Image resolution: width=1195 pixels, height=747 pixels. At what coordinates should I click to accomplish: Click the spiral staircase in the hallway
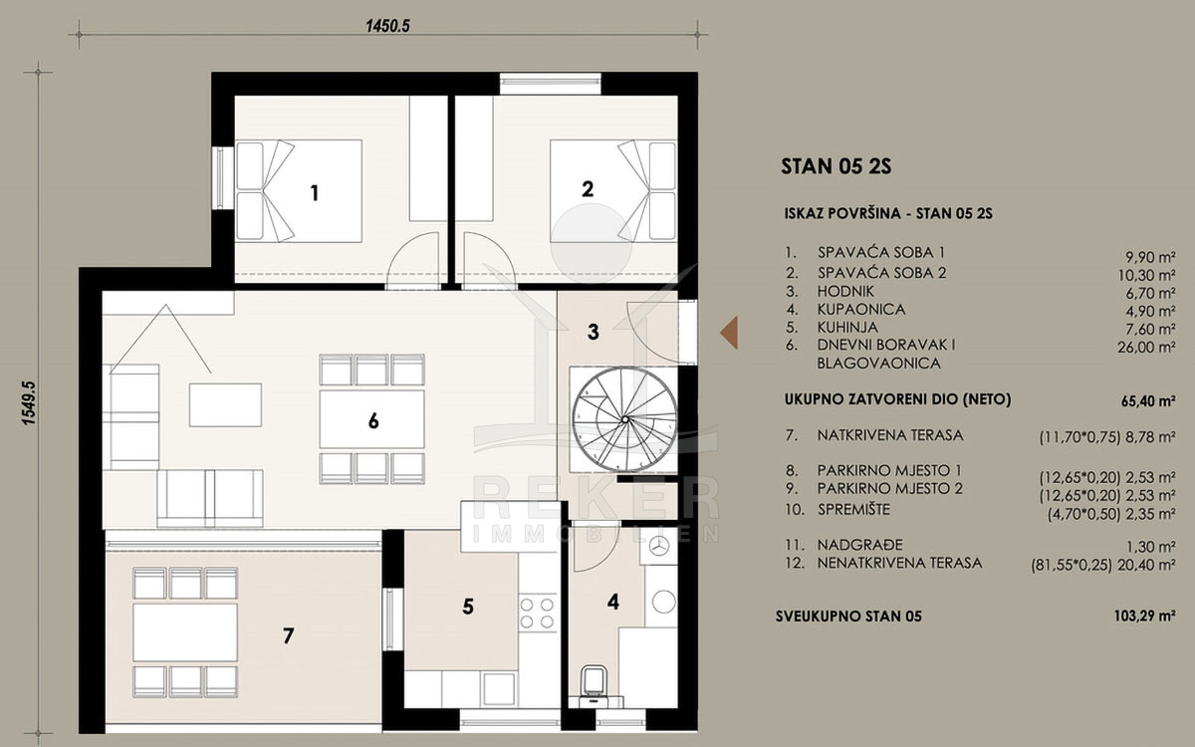click(624, 419)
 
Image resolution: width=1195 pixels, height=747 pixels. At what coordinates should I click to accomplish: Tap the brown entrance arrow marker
click(729, 333)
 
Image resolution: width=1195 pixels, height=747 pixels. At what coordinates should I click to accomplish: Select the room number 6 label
click(373, 421)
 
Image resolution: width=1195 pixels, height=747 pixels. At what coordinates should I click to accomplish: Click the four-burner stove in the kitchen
click(537, 614)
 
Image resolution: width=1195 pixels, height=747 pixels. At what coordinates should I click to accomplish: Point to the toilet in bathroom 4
click(595, 684)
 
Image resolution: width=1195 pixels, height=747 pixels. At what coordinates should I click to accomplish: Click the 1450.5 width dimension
click(387, 26)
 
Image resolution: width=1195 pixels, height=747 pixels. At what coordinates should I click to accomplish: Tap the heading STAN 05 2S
click(836, 166)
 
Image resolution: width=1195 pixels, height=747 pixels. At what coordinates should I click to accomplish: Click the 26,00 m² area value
click(1146, 348)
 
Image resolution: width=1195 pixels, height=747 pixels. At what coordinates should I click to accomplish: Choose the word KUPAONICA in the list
click(861, 310)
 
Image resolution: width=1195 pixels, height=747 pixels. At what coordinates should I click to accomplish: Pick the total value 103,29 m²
click(1145, 617)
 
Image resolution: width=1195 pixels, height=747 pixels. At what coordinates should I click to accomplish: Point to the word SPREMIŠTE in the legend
click(854, 510)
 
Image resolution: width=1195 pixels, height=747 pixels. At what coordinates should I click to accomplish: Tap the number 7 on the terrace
click(288, 636)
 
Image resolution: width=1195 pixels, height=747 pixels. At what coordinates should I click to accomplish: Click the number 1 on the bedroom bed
click(315, 193)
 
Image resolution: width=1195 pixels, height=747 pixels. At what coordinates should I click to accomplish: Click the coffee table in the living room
click(225, 404)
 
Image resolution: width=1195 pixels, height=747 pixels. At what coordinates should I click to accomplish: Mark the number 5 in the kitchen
click(468, 607)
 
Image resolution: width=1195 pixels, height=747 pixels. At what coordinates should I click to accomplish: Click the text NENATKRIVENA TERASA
click(899, 563)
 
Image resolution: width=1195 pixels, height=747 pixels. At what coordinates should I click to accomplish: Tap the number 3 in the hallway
click(594, 332)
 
